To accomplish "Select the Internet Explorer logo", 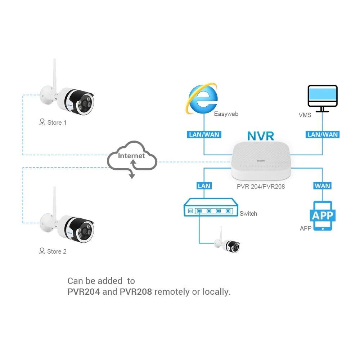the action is [x=202, y=99].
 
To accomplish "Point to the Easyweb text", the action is [x=226, y=114].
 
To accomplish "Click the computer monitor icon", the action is [x=323, y=99].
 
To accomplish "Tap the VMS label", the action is [x=305, y=115].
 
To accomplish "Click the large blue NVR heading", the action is [x=261, y=136].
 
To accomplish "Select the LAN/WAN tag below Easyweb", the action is [x=204, y=134].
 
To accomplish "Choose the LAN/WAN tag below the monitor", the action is [x=323, y=134].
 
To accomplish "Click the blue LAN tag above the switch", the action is [x=204, y=186].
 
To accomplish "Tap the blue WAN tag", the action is [x=323, y=186].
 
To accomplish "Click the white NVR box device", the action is [x=261, y=161].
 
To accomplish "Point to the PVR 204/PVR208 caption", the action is [x=261, y=187].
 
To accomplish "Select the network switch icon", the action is [x=211, y=207].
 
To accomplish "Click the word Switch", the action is [x=248, y=214].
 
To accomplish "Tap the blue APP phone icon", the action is [x=323, y=216].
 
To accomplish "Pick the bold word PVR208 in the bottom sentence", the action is [x=136, y=292].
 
